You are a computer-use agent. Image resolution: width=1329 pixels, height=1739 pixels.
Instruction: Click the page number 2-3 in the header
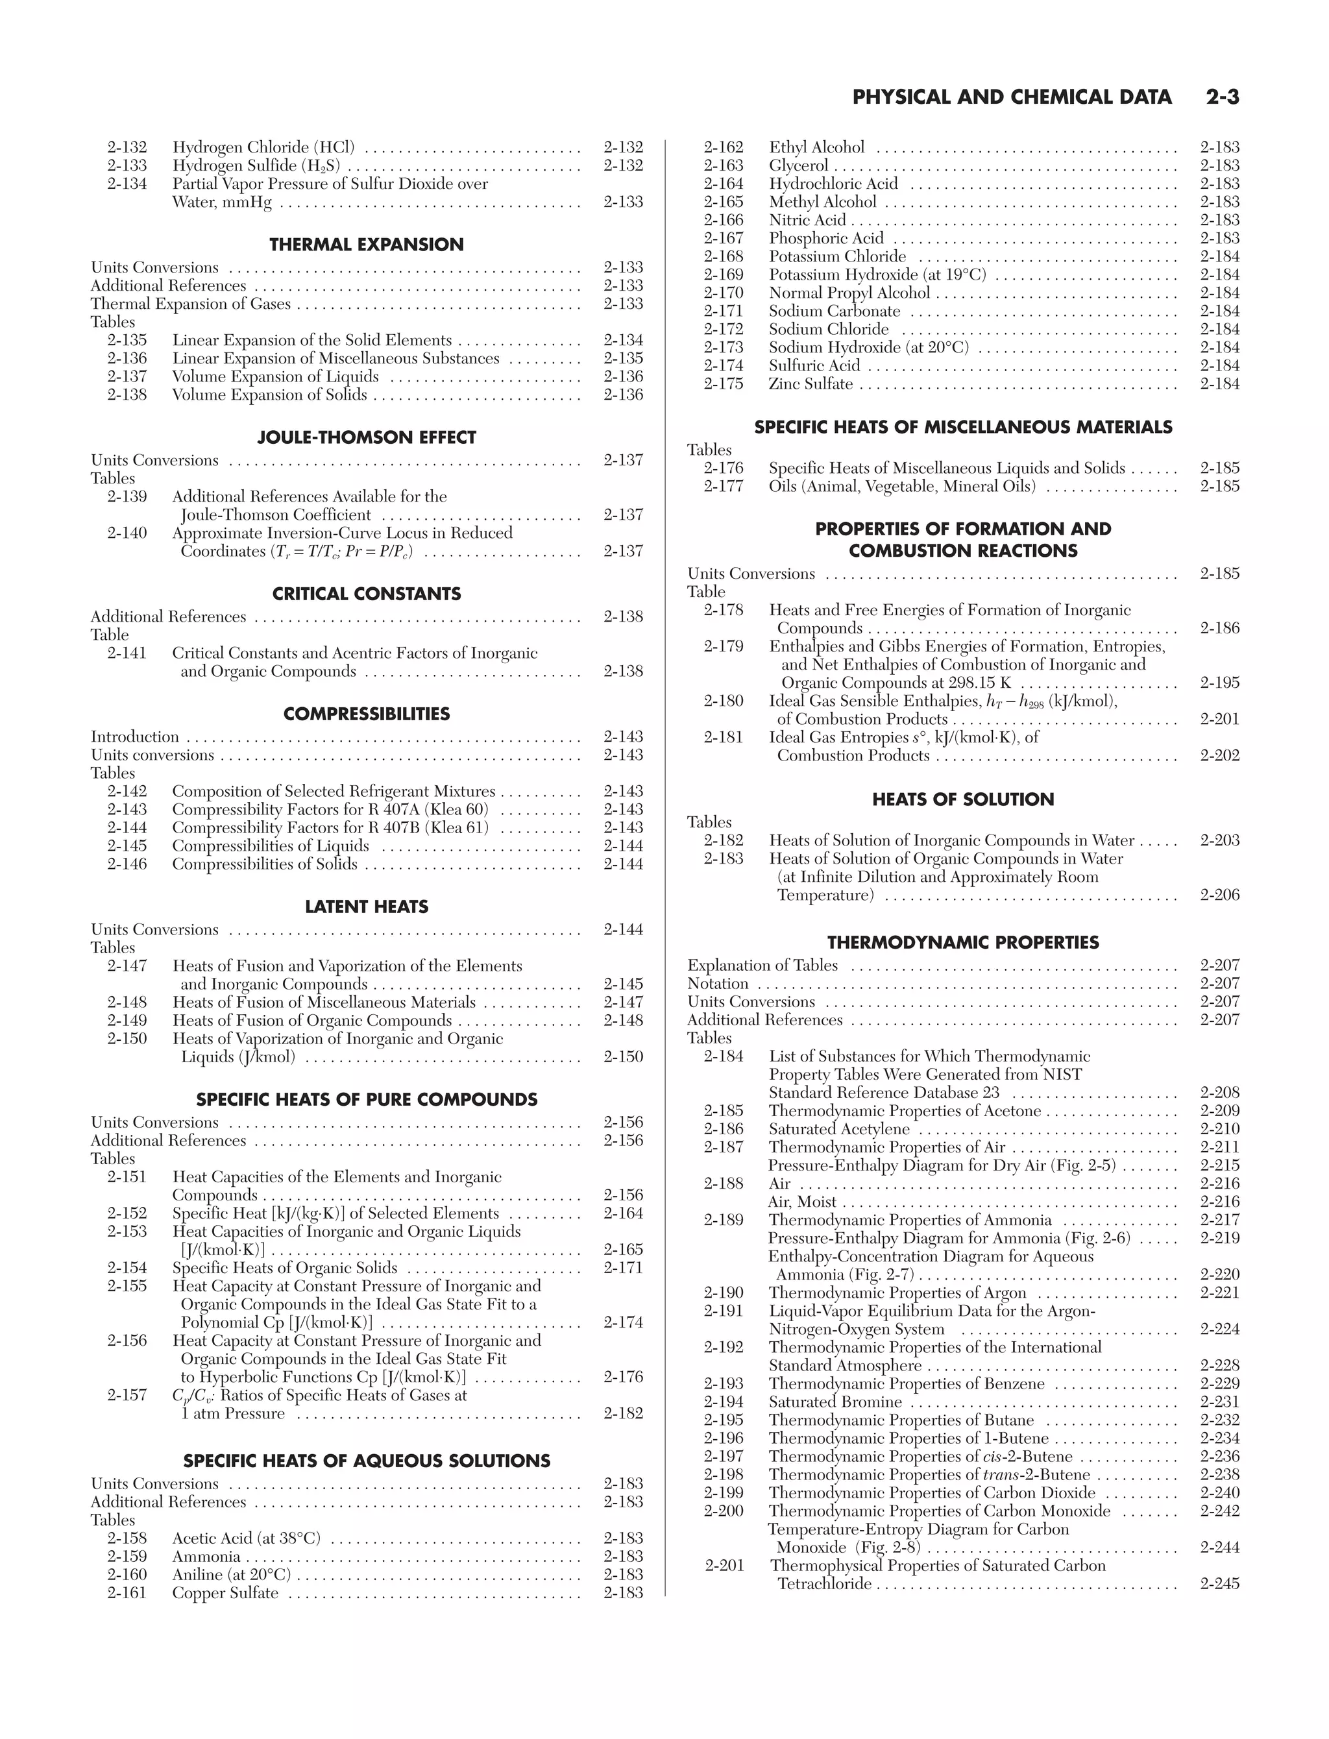1222,97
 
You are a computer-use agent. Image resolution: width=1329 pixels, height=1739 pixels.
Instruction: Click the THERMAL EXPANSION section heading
366,245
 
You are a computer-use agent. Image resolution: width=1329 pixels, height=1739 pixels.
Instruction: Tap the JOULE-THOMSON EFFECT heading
366,437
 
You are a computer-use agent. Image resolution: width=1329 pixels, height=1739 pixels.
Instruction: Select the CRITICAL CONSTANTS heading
366,594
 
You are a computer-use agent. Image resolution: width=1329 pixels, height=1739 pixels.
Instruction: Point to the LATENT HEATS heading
366,906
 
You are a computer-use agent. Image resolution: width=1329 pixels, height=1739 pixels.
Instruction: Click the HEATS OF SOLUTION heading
963,799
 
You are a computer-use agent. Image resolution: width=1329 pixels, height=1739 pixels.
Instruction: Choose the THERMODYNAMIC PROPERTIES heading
963,943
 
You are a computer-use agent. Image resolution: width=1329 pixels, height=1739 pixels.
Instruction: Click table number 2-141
127,653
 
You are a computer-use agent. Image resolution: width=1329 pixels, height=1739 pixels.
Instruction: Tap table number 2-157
127,1395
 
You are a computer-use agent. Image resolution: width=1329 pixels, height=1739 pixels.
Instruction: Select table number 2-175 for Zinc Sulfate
724,384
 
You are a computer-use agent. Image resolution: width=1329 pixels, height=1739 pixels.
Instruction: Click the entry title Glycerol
798,166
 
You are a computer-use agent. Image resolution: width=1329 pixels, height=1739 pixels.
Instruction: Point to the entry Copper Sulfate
225,1593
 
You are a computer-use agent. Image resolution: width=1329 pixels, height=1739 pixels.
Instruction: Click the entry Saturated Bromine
835,1402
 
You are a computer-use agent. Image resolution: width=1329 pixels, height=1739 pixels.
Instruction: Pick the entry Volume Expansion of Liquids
275,377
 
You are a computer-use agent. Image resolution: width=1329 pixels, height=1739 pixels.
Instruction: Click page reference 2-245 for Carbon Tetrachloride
1219,1584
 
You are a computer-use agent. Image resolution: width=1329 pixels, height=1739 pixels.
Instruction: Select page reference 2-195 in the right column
1219,683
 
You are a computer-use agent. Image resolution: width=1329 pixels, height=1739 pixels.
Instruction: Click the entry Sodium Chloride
828,330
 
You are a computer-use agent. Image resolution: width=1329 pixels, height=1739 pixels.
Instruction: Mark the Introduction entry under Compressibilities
134,737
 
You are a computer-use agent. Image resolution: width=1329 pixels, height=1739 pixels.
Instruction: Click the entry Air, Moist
802,1202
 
